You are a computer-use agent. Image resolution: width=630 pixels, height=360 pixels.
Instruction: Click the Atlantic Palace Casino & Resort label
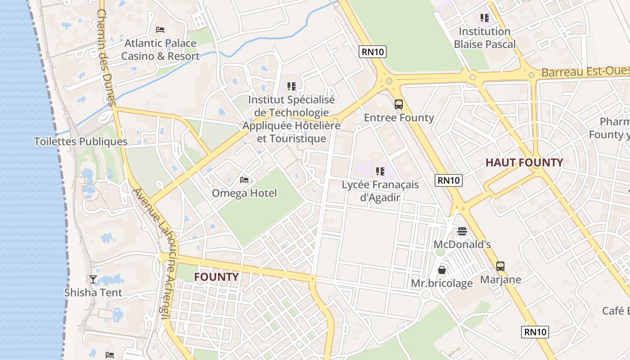coord(160,49)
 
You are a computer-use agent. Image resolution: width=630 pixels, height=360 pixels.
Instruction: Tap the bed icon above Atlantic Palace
coord(160,30)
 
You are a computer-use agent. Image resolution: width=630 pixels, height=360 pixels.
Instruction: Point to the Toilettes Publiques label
coord(81,141)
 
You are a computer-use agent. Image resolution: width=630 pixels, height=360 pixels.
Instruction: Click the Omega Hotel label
coord(244,193)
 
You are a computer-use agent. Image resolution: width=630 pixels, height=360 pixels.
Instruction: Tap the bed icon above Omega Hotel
coord(244,180)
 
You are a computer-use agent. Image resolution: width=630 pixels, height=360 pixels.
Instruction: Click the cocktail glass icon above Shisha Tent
coord(93,279)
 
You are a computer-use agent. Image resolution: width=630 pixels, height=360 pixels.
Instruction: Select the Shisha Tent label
coord(93,292)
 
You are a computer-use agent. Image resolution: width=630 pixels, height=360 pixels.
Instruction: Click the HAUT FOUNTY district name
coord(524,162)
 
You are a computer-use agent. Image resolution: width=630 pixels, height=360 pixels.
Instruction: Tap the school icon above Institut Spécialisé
coord(292,85)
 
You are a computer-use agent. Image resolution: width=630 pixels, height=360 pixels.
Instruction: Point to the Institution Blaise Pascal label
coord(485,38)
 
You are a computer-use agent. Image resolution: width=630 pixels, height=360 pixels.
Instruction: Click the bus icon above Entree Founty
coord(399,104)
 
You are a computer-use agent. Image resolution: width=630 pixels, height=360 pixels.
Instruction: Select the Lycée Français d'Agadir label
coord(380,191)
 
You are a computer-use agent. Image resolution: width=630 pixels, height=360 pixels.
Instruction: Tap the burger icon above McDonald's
coord(462,231)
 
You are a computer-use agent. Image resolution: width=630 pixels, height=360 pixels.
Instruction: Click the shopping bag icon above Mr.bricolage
coord(442,270)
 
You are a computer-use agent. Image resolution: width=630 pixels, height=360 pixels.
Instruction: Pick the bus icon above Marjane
coord(500,266)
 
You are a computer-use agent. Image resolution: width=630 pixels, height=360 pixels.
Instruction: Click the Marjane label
coord(500,279)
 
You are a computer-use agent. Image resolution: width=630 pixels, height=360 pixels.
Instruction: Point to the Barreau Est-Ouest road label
coord(585,72)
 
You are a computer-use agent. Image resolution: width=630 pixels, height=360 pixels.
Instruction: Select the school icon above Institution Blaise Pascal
coord(484,18)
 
